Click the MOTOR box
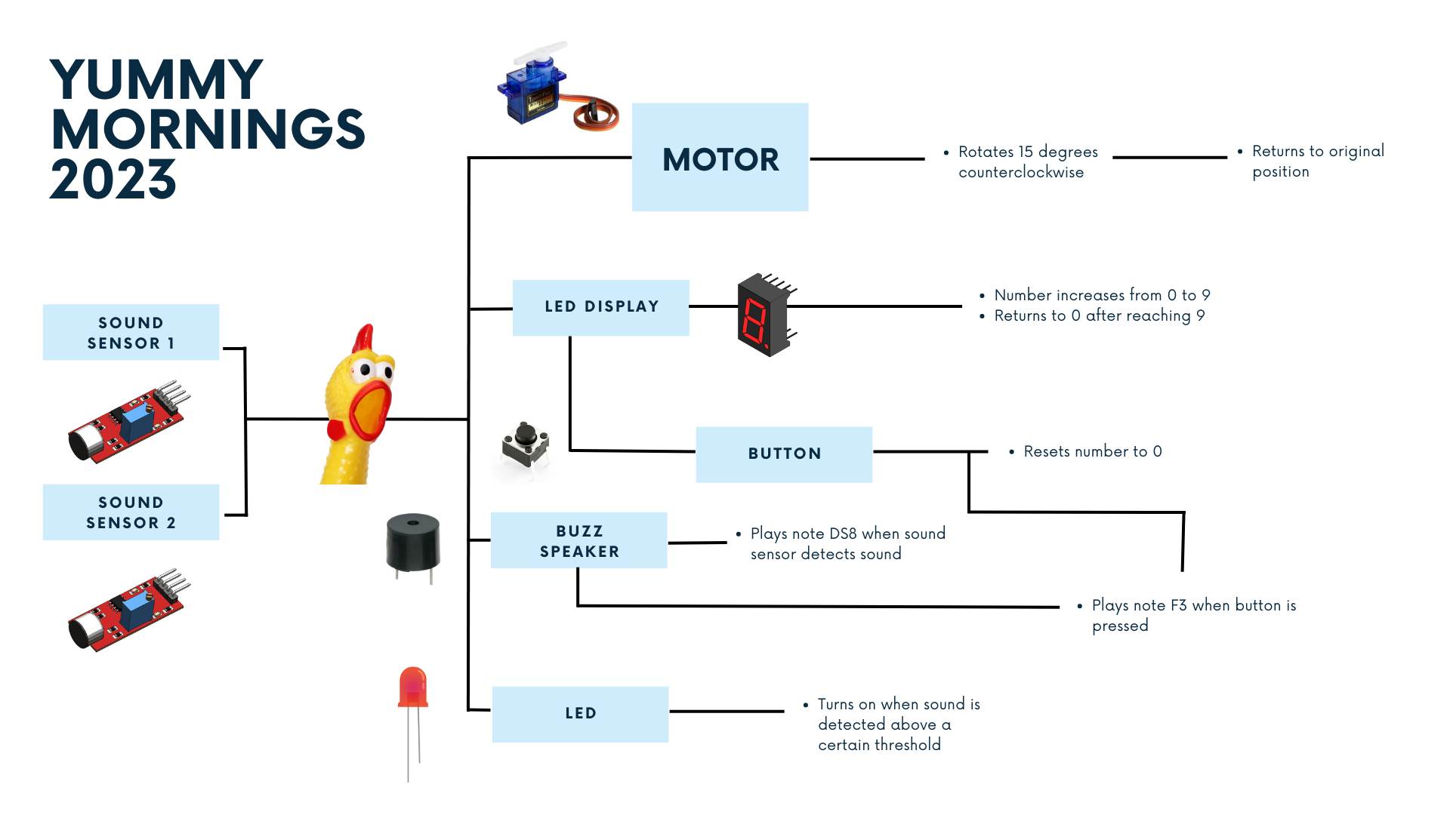pos(720,158)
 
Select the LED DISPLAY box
pos(600,307)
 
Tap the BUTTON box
pos(784,454)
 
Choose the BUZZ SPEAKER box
pos(578,540)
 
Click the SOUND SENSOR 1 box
pos(131,332)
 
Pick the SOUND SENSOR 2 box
pos(131,512)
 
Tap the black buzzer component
pos(413,543)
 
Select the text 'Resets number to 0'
pos(1092,451)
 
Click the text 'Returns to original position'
pos(1317,161)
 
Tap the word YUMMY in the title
pos(156,80)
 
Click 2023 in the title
pos(113,180)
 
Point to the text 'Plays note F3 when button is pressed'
pos(1193,615)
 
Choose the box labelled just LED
pos(580,714)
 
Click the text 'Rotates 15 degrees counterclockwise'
pos(1027,161)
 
